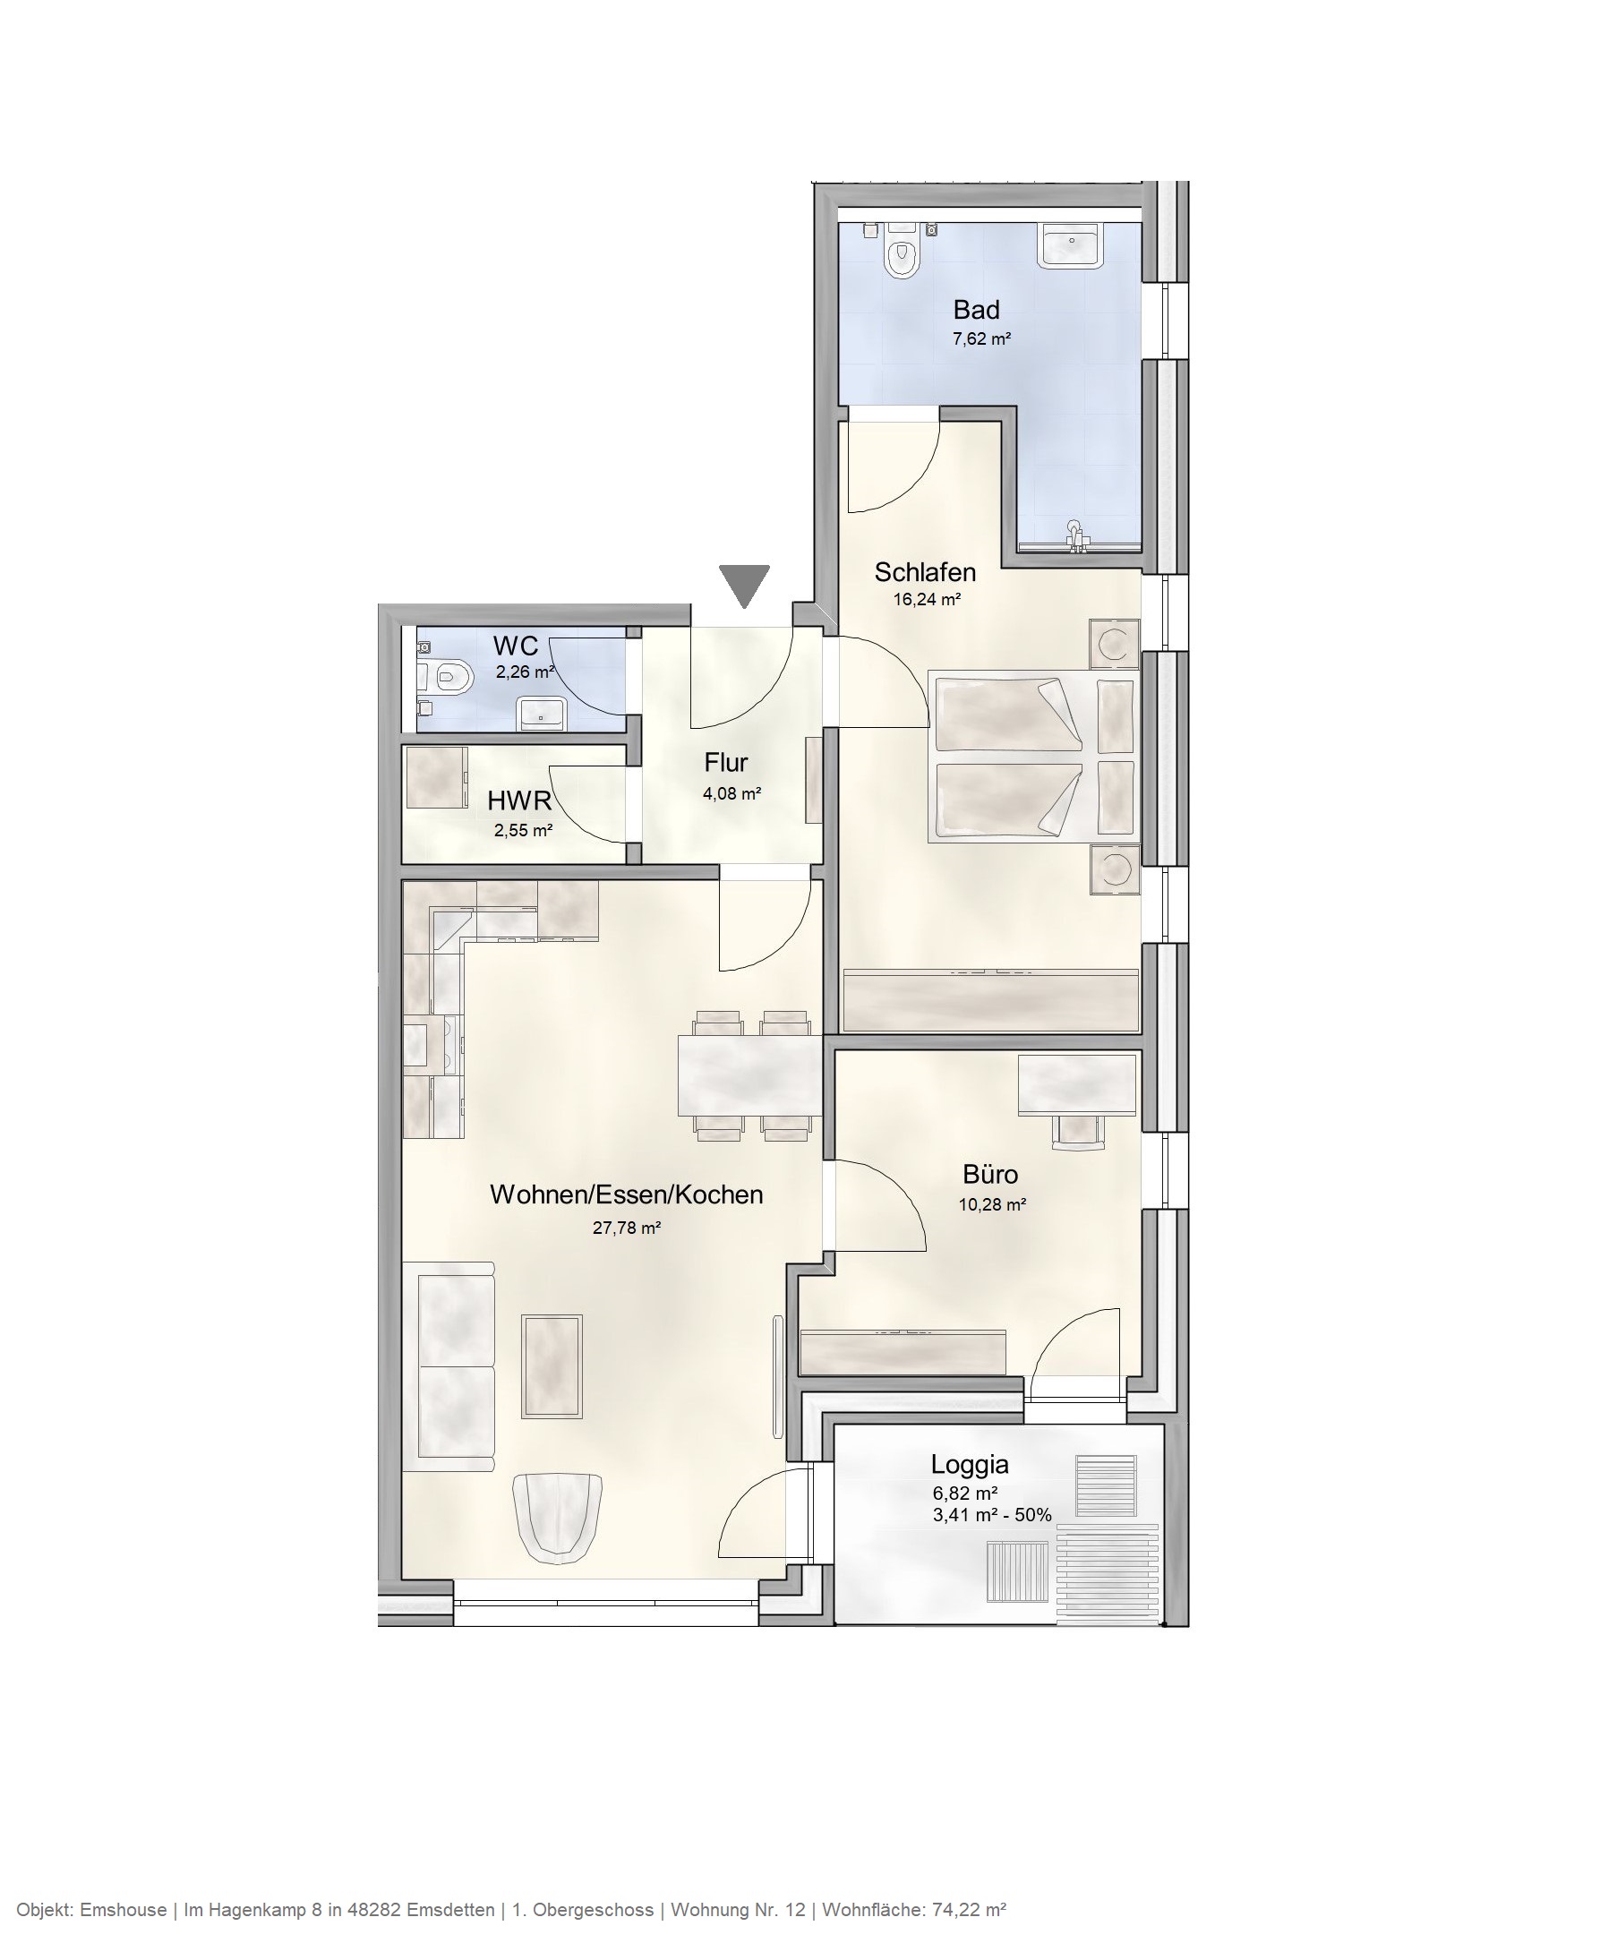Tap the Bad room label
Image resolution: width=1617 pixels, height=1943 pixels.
[x=976, y=309]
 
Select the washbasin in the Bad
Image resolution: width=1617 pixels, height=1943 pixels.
[x=1071, y=246]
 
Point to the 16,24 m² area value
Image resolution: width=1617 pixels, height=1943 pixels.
[x=926, y=600]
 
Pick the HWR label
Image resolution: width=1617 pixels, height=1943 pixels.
[x=519, y=800]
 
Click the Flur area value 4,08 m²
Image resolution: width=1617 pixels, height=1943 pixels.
[x=731, y=793]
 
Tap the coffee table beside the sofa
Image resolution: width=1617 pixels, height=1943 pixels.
[x=552, y=1365]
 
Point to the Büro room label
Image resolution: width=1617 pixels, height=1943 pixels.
[x=990, y=1174]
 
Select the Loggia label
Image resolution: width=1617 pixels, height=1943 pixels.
[x=969, y=1465]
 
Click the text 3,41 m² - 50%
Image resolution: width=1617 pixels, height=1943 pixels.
[x=992, y=1515]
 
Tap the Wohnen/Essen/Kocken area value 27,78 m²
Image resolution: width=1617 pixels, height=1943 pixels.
[x=626, y=1228]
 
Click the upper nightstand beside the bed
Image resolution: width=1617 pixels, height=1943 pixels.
[x=1114, y=643]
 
